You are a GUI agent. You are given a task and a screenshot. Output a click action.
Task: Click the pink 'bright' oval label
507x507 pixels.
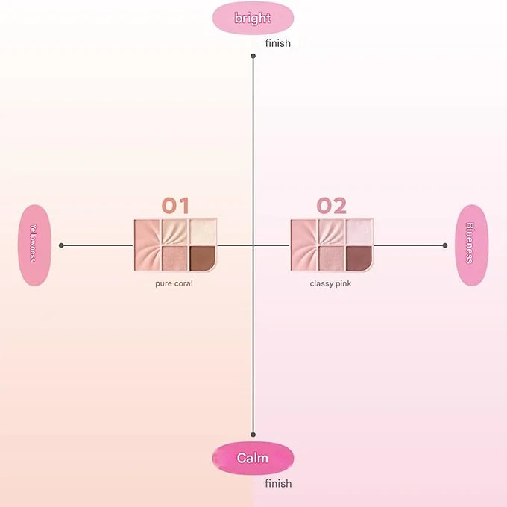pos(253,18)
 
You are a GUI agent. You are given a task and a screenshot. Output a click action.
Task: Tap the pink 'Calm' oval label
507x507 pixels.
pos(253,458)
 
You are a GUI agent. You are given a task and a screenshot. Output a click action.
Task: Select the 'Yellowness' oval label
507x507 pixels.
pos(34,245)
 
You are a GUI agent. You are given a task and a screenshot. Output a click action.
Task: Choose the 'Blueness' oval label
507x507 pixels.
pos(471,245)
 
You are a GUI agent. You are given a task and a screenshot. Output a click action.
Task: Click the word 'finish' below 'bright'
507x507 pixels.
pos(278,43)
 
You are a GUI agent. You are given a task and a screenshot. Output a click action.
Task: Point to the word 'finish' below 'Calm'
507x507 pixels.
pos(278,483)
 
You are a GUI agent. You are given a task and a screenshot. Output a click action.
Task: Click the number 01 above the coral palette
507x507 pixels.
pos(175,206)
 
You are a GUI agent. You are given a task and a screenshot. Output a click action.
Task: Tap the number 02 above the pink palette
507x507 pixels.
pos(332,206)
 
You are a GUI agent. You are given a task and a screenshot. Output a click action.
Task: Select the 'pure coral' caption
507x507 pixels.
pos(174,283)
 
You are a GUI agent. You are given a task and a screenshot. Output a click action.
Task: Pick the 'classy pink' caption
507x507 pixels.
pos(330,283)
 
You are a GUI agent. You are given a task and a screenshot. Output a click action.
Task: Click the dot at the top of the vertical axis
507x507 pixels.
pos(253,56)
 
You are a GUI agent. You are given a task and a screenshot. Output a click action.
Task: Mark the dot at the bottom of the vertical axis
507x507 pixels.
pos(253,435)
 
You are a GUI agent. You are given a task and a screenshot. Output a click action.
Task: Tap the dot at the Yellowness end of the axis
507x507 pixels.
pos(61,245)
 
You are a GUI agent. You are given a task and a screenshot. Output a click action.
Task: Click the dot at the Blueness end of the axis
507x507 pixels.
pos(445,245)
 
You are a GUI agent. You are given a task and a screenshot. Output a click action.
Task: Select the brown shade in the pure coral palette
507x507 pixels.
pos(202,258)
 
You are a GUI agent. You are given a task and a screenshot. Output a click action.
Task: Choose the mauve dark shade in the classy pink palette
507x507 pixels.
pos(359,258)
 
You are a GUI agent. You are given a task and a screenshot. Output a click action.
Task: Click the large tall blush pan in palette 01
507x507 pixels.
pos(148,245)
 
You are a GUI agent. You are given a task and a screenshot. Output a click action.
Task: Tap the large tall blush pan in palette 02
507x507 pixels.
pos(304,245)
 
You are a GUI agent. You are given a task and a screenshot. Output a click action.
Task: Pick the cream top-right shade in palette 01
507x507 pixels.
pos(203,232)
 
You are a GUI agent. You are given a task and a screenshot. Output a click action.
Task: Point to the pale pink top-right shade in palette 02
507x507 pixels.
pos(359,232)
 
